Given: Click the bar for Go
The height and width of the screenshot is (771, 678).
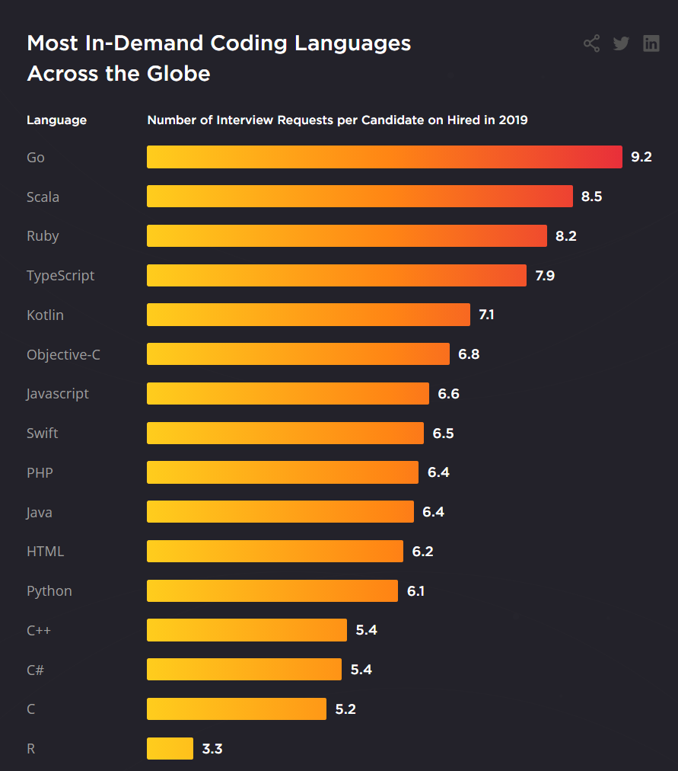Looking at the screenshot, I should pyautogui.click(x=384, y=157).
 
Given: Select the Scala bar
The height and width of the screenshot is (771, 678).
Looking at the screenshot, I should pyautogui.click(x=359, y=197).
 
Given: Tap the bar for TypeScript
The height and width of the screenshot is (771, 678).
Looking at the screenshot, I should pyautogui.click(x=336, y=275).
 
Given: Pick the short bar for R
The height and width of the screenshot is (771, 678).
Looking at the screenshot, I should pyautogui.click(x=170, y=748).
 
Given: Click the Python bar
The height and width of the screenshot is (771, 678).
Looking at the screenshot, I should pyautogui.click(x=272, y=590).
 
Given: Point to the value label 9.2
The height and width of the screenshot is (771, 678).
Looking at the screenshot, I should pyautogui.click(x=641, y=157).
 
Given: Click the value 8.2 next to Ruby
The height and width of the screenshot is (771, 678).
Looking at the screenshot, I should pyautogui.click(x=566, y=236).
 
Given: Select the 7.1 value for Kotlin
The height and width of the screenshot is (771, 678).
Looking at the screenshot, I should pyautogui.click(x=486, y=315).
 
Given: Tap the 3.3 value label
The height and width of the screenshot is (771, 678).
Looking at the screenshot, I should pyautogui.click(x=212, y=748).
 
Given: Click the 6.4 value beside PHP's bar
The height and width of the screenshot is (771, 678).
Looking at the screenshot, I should pyautogui.click(x=438, y=472).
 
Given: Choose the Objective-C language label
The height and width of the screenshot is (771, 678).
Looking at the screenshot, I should pyautogui.click(x=63, y=354).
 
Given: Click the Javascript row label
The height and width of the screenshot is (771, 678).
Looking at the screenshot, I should pyautogui.click(x=58, y=394).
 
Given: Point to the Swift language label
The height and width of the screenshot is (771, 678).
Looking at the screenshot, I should pyautogui.click(x=43, y=433).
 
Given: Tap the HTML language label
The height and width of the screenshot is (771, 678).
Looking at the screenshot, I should pyautogui.click(x=46, y=551).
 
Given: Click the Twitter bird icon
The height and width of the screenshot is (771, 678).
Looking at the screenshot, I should pyautogui.click(x=621, y=43).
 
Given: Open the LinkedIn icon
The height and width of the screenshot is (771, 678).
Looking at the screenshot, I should pyautogui.click(x=651, y=43).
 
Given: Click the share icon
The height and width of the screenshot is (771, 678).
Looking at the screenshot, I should pyautogui.click(x=591, y=43).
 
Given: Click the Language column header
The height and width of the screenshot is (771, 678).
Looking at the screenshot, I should pyautogui.click(x=57, y=120).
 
